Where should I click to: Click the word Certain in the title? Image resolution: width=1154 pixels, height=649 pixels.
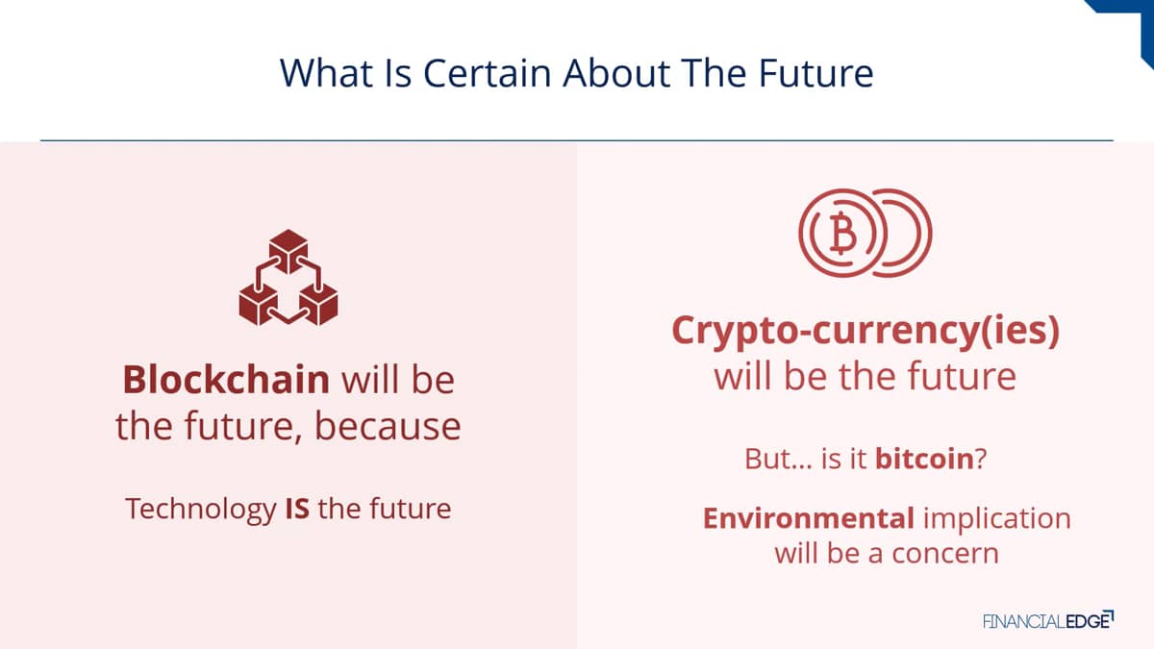point(488,73)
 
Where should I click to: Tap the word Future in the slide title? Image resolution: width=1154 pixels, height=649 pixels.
point(816,73)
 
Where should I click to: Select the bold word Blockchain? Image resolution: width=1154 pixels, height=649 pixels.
point(226,380)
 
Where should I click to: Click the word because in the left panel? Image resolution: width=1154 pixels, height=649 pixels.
point(388,427)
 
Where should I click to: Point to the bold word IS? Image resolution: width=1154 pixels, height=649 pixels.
point(297,509)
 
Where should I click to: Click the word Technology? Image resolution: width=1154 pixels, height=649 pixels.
point(201,510)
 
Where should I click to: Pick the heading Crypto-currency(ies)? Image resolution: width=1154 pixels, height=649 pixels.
point(865,331)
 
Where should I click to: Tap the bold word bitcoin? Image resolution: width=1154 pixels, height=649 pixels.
point(924,459)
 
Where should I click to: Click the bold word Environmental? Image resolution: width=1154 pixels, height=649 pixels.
point(809,518)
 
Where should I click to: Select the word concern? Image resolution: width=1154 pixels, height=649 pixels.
point(945,554)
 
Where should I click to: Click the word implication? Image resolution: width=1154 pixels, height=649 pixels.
point(997,519)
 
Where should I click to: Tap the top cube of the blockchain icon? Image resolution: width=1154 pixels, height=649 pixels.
point(288,251)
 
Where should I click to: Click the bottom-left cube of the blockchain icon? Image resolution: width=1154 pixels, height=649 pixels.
point(259,304)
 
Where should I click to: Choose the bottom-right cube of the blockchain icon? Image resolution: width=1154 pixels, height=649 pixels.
point(319,304)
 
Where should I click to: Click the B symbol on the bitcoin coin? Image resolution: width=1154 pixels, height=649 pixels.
point(843,233)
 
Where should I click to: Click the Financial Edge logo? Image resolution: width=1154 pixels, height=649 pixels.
point(1048,621)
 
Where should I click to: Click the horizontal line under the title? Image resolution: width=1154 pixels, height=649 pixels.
point(577,140)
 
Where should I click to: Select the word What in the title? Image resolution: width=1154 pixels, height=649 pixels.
point(326,73)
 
